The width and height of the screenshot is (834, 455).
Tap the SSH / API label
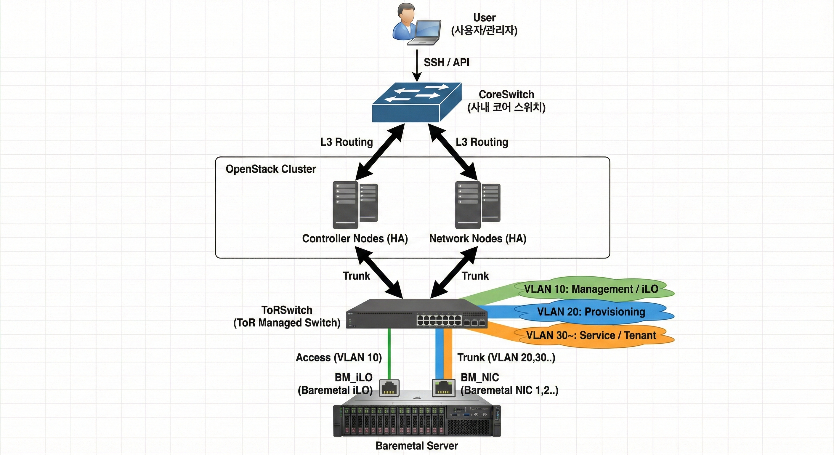[446, 62]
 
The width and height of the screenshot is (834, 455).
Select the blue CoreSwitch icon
[417, 102]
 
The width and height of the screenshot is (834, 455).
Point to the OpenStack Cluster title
[271, 169]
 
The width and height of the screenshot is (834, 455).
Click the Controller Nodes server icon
[355, 205]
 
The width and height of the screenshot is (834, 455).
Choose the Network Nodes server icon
[477, 205]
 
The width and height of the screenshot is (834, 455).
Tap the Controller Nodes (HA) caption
[355, 239]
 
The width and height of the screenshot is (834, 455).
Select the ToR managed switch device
[416, 314]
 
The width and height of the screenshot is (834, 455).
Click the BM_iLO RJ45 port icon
[389, 388]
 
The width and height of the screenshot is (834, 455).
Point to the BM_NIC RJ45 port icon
[443, 388]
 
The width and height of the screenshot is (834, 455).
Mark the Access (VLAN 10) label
[339, 358]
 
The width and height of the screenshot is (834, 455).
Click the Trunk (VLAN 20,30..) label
[506, 358]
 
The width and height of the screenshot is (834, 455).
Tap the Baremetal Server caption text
[417, 446]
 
